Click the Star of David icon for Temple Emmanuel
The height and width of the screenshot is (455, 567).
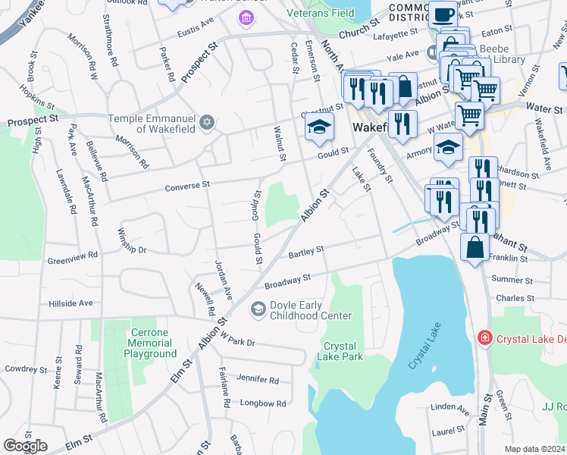(x=207, y=122)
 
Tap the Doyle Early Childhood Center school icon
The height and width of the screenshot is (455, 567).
(x=258, y=309)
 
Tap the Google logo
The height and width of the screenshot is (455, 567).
(x=24, y=446)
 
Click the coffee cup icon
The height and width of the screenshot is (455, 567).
(x=442, y=14)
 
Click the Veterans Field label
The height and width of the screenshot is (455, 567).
(x=321, y=13)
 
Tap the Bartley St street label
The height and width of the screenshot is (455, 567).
(x=305, y=250)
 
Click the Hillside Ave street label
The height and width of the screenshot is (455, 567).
(x=70, y=303)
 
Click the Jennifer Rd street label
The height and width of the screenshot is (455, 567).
(x=258, y=380)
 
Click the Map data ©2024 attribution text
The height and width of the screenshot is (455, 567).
(x=534, y=449)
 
